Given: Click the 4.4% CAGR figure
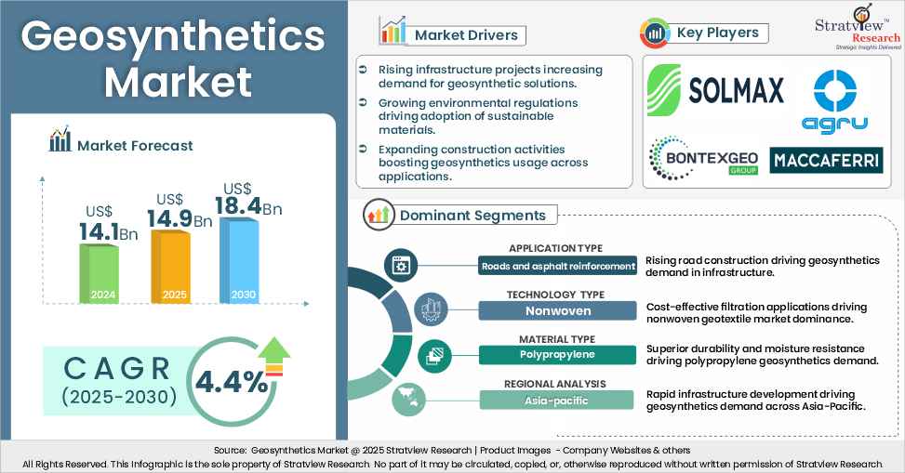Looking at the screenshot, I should pyautogui.click(x=229, y=380).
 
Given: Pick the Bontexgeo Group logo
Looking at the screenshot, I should pyautogui.click(x=703, y=157).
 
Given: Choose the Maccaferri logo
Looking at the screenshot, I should pyautogui.click(x=826, y=160).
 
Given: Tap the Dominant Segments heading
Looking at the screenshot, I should pyautogui.click(x=472, y=216).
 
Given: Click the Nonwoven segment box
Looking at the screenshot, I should pyautogui.click(x=557, y=311).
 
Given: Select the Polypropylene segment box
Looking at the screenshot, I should pyautogui.click(x=557, y=356).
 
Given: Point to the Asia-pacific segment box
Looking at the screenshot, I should pyautogui.click(x=557, y=401).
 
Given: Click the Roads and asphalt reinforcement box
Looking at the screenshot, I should pyautogui.click(x=557, y=267).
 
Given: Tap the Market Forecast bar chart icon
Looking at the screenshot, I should pyautogui.click(x=60, y=141).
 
